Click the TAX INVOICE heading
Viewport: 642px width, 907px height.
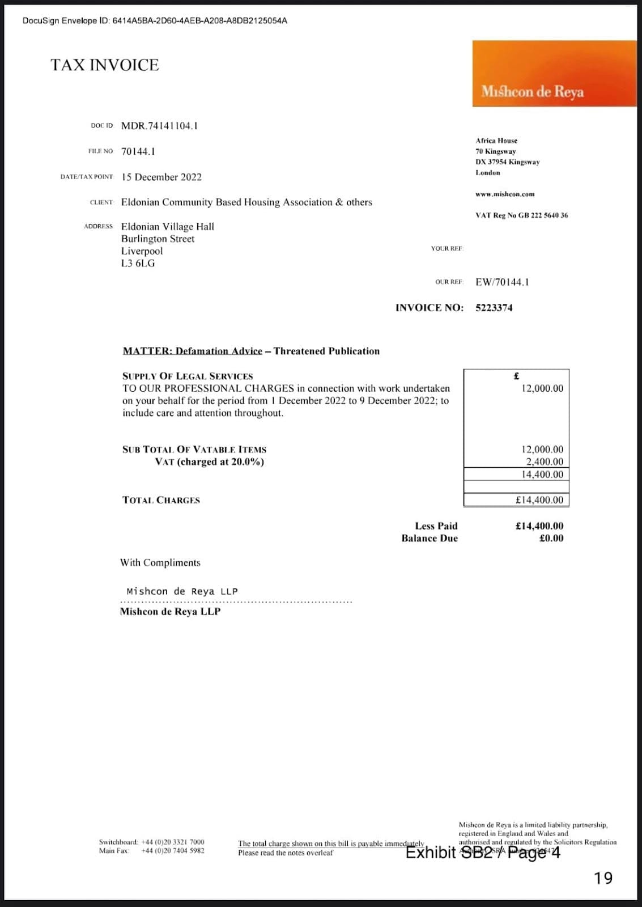coord(105,65)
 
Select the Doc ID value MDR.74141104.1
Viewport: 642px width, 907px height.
coord(159,126)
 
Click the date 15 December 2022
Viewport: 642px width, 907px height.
coord(161,177)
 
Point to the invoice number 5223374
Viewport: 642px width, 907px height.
coord(494,308)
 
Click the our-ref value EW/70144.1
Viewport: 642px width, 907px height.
coord(502,282)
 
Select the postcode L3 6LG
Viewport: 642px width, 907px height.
coord(138,264)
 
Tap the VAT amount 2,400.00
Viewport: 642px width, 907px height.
coord(545,461)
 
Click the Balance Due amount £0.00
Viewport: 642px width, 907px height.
coord(551,539)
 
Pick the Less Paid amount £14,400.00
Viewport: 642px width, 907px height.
coord(539,526)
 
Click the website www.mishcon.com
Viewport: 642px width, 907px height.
coord(505,194)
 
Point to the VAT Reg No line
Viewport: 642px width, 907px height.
coord(521,215)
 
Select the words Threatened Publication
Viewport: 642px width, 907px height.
coord(326,351)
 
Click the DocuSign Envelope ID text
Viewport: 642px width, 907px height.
coord(155,21)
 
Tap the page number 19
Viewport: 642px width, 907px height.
coord(603,878)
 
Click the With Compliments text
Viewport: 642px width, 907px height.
coord(160,562)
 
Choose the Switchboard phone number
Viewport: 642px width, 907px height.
coord(173,842)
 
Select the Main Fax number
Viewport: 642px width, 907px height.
coord(173,851)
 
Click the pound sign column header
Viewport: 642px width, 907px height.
coord(516,376)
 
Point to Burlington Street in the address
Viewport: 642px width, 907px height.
coord(158,239)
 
